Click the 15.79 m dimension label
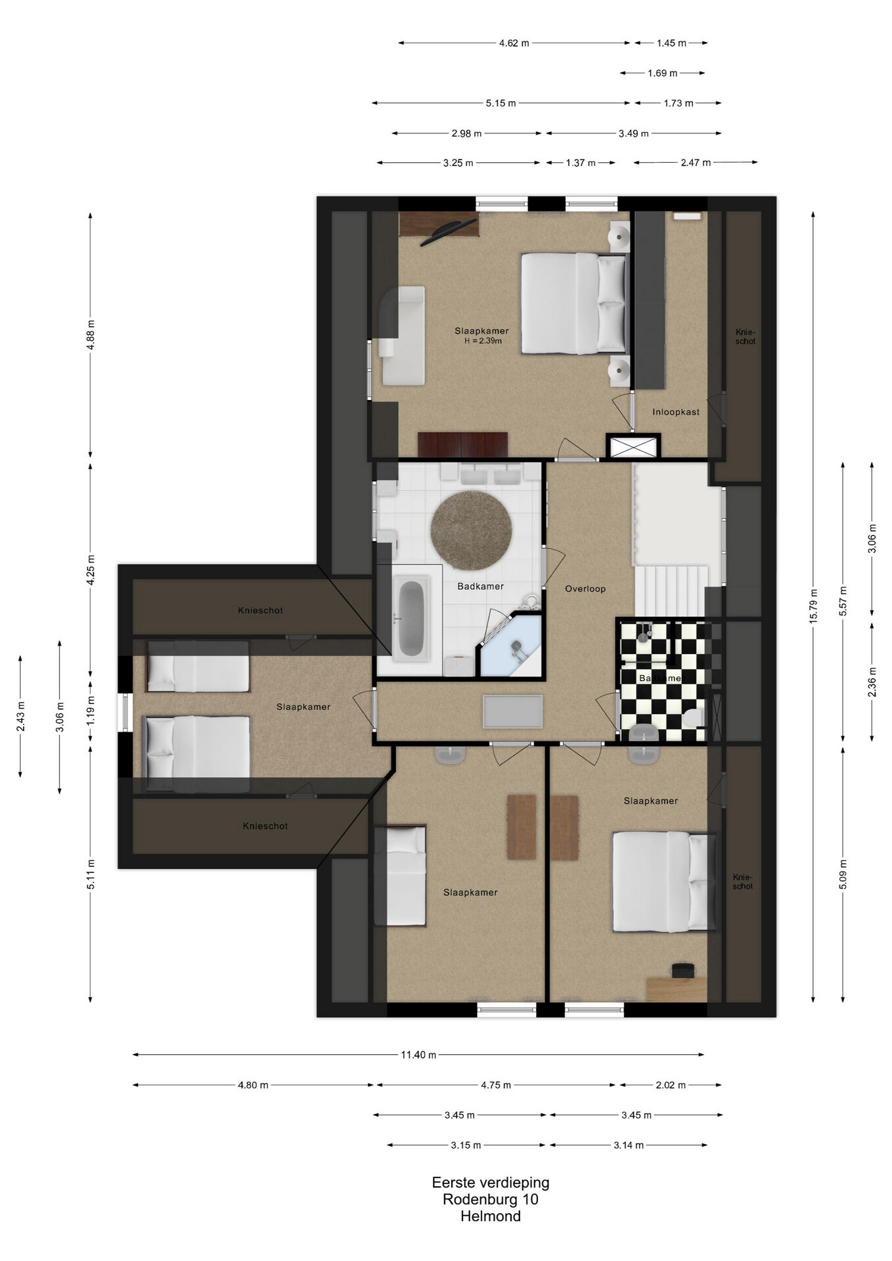813,605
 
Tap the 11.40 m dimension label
418,1055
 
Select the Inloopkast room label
676,412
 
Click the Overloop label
585,588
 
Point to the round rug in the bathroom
471,531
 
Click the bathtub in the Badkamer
411,617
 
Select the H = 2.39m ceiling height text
482,341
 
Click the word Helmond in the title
491,1216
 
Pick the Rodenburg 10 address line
491,1199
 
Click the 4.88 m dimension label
91,334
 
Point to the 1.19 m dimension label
91,710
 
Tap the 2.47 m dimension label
696,162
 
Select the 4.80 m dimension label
253,1085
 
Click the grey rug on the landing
513,711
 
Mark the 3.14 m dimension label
629,1145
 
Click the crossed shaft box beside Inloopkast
633,447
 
